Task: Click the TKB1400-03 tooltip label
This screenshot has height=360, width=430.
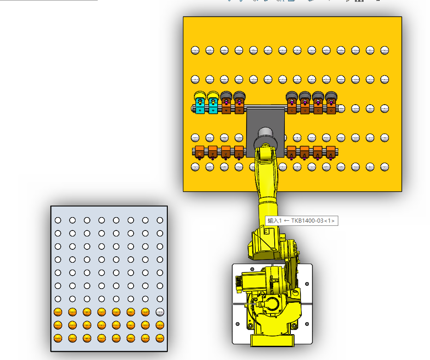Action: click(x=301, y=221)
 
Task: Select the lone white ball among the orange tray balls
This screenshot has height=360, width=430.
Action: click(x=160, y=312)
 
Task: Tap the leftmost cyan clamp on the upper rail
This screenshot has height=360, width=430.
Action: click(x=200, y=106)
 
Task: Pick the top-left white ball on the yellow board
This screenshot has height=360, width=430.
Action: click(x=195, y=50)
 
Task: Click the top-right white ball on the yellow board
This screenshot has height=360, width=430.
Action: click(x=384, y=50)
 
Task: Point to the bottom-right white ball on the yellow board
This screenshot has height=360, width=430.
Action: click(x=384, y=167)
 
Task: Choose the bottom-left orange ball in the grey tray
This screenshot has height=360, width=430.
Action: click(x=58, y=338)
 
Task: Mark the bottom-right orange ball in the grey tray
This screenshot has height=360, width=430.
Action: click(x=160, y=338)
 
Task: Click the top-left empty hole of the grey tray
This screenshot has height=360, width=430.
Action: click(x=58, y=220)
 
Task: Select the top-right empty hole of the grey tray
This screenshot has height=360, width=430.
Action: click(x=160, y=220)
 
